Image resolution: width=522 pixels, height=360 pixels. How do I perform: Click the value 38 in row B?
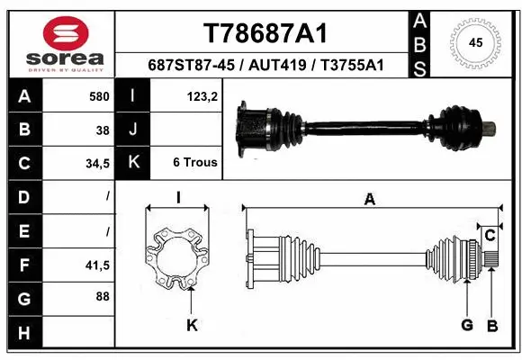point(102,129)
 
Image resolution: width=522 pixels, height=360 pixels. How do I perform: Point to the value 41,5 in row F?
point(96,265)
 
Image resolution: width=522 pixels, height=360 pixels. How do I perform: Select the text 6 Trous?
point(194,163)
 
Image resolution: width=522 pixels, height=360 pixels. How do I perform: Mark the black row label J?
point(133,129)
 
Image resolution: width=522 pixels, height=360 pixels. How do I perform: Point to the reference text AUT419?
point(286,66)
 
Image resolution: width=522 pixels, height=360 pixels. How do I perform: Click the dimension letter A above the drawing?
point(370,200)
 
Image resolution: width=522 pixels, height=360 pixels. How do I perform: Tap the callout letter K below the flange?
point(192,325)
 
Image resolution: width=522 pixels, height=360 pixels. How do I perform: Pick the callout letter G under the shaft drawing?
point(468,325)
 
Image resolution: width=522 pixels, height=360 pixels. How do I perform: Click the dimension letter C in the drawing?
point(490,236)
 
